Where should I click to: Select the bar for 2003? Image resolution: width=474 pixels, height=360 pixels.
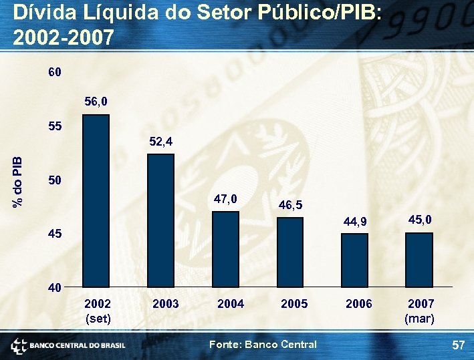tap(160, 220)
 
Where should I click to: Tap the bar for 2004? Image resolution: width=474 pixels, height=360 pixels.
tap(225, 249)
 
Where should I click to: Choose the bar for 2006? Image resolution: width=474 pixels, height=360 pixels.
tap(354, 260)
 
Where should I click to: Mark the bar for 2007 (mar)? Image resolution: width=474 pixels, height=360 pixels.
tap(419, 260)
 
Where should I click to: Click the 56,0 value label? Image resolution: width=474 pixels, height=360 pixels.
tap(96, 102)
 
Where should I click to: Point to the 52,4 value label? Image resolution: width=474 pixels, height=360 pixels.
tap(160, 142)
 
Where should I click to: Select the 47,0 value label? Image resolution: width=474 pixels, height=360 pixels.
tap(225, 198)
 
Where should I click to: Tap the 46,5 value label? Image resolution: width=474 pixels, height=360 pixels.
tap(290, 205)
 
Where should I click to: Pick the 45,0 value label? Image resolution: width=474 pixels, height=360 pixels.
tap(419, 219)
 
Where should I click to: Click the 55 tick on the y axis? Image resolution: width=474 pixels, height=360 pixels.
tap(55, 126)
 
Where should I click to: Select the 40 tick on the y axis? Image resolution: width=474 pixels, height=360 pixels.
tap(55, 288)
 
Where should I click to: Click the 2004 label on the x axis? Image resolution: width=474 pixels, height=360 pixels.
tap(231, 305)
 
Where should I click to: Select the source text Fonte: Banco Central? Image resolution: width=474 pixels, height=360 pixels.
tap(263, 345)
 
